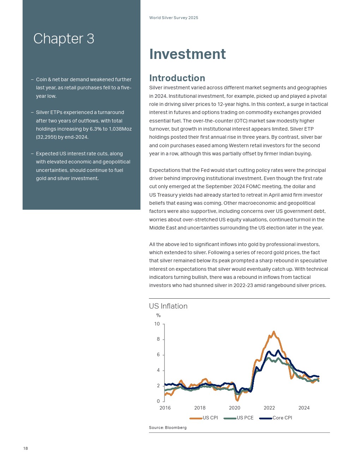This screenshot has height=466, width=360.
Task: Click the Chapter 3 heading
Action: click(x=64, y=39)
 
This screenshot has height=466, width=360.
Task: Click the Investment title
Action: click(x=187, y=54)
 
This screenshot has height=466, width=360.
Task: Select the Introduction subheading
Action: click(x=177, y=78)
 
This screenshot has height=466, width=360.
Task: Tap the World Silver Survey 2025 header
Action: click(x=174, y=18)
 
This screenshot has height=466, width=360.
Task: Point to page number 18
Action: click(x=25, y=448)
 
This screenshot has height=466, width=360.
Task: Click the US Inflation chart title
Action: click(x=168, y=306)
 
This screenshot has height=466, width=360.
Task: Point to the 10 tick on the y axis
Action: click(x=157, y=324)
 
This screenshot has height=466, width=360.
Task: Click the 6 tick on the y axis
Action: click(x=158, y=355)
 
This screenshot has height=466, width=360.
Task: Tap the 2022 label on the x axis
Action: click(x=269, y=408)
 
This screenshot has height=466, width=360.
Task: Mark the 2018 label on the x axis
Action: click(x=200, y=408)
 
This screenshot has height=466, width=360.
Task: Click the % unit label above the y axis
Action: click(x=158, y=315)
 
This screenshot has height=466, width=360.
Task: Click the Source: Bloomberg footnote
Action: click(x=168, y=428)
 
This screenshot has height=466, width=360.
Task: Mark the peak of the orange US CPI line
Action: click(x=274, y=332)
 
